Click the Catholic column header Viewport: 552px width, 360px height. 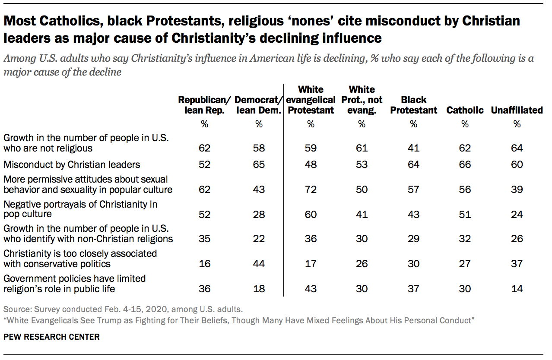[465, 110]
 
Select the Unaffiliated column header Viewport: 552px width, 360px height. [517, 110]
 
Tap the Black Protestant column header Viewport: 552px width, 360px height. [413, 105]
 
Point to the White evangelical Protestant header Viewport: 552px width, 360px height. [311, 100]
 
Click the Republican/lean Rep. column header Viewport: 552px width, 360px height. [204, 105]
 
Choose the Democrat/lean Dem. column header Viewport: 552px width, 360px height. [259, 105]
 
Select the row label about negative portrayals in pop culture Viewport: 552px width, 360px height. [80, 209]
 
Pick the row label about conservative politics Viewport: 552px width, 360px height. [80, 259]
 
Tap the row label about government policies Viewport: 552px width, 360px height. [75, 284]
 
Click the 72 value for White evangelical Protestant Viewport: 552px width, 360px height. [311, 189]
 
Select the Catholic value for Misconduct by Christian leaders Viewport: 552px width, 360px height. [465, 164]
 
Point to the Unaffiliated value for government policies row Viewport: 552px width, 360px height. [517, 289]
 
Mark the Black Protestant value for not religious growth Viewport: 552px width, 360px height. [413, 148]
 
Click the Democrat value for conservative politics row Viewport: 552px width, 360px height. [259, 264]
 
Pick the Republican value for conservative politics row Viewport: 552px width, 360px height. [204, 264]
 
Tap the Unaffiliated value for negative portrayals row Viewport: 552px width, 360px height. [517, 215]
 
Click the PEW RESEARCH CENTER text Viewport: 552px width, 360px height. [51, 337]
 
